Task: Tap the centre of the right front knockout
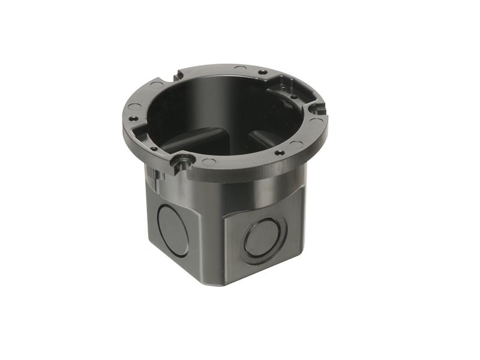263,238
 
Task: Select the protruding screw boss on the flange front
181,160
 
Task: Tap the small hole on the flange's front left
154,148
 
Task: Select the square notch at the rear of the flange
178,76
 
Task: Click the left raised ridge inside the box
183,140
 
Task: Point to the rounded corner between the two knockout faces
216,234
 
